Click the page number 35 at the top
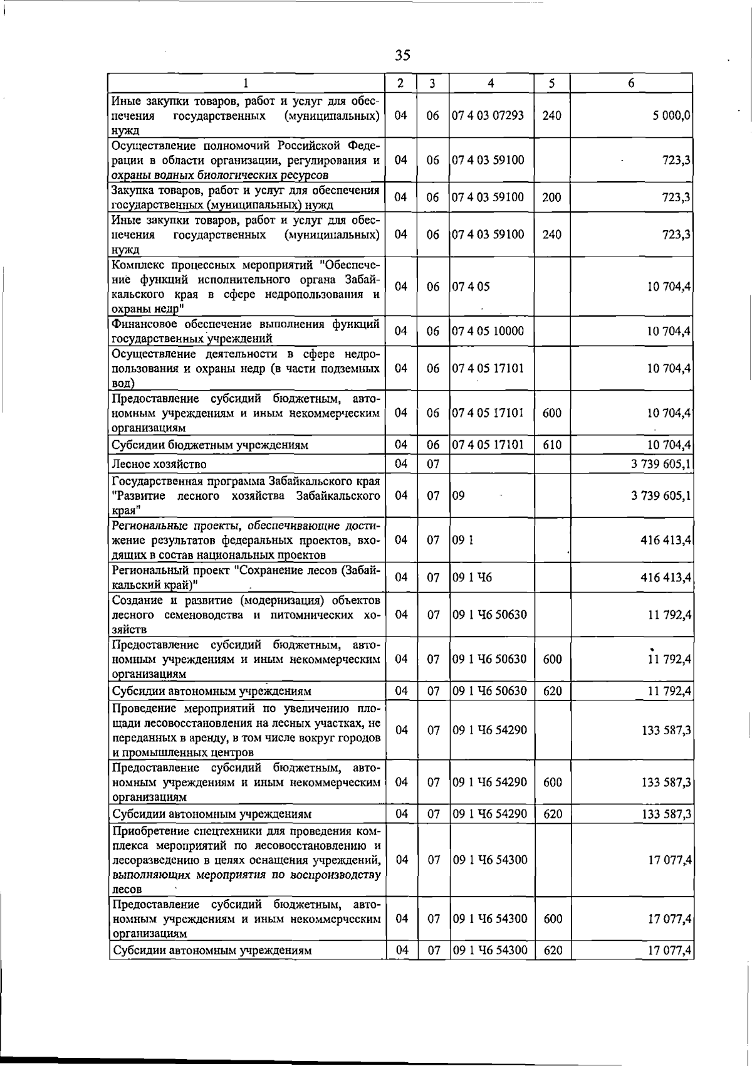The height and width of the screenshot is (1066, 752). click(402, 55)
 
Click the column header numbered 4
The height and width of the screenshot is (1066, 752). click(491, 83)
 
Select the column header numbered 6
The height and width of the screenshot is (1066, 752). click(631, 83)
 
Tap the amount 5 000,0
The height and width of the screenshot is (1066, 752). click(672, 115)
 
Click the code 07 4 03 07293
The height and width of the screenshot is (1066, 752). click(488, 115)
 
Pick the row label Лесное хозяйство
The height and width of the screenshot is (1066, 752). click(159, 464)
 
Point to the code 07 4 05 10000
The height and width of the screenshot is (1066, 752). click(488, 331)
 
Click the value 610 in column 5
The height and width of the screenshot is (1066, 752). click(551, 445)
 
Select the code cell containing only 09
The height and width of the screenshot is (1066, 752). click(459, 495)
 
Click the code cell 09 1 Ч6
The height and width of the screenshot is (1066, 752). click(472, 578)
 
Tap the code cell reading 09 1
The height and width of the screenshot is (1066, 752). click(462, 540)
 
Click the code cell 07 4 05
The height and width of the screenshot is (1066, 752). click(471, 287)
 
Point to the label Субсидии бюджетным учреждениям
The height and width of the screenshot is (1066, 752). click(210, 445)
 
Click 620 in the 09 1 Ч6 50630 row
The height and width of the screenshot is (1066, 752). click(551, 691)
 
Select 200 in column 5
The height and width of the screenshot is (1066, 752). click(551, 198)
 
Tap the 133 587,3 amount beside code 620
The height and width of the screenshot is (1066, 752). click(667, 814)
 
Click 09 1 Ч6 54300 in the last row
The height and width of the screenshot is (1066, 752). click(489, 968)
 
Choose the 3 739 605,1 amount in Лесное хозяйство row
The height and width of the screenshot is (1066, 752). click(661, 464)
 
